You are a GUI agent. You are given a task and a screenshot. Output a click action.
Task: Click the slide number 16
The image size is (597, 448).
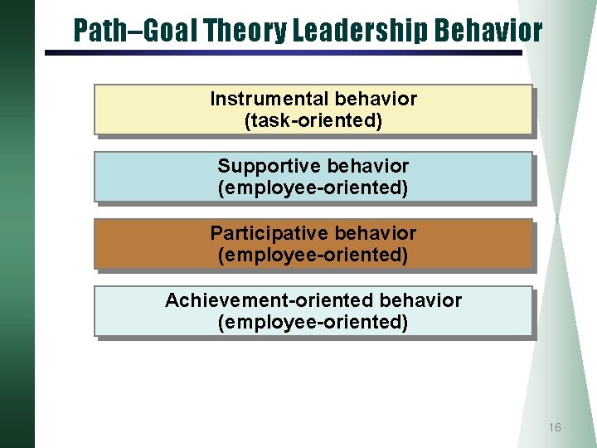[555, 427]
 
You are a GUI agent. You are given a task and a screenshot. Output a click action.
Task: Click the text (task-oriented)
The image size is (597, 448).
[313, 121]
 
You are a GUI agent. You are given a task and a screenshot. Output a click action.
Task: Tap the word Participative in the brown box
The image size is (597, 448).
[264, 233]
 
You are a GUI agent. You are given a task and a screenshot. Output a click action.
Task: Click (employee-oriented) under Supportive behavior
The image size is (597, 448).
[313, 188]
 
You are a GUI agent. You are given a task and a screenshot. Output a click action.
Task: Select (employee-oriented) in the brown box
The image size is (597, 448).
[313, 256]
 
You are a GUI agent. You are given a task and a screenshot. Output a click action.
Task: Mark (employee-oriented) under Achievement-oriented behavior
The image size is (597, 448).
[313, 322]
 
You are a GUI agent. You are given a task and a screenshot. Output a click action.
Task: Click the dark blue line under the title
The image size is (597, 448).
[282, 53]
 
